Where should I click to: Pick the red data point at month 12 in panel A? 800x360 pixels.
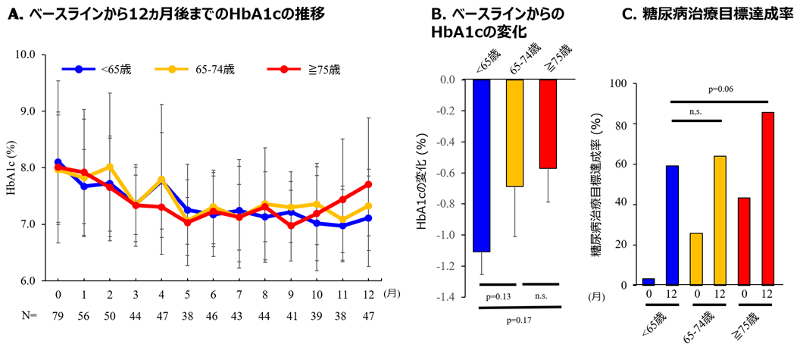(x=368, y=184)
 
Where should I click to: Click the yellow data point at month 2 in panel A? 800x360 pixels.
(x=110, y=167)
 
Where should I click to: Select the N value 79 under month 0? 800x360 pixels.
(x=58, y=315)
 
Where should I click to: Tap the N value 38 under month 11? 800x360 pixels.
(x=342, y=315)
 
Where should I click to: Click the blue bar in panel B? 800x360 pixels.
(x=482, y=165)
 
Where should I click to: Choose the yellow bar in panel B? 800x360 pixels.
(x=515, y=133)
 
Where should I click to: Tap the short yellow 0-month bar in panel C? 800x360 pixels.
(x=697, y=259)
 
